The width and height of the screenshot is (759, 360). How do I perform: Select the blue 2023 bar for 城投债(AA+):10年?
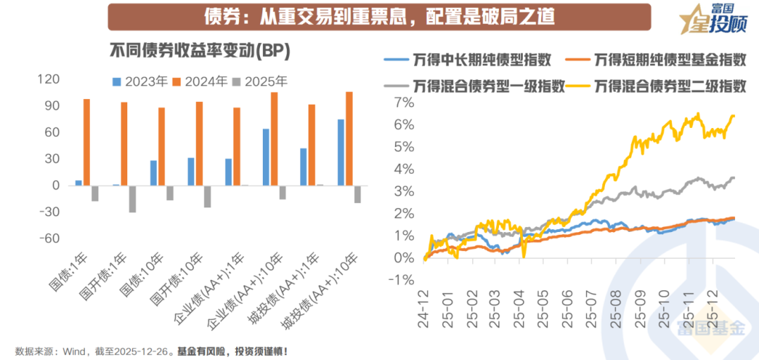coord(341,153)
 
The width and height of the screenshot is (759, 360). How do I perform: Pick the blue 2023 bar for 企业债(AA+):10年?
coord(266,157)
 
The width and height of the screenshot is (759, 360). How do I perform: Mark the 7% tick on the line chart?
coord(405,103)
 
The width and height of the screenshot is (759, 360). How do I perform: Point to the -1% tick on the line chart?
coord(403,280)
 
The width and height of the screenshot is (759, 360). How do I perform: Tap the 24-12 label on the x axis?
coord(425,310)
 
